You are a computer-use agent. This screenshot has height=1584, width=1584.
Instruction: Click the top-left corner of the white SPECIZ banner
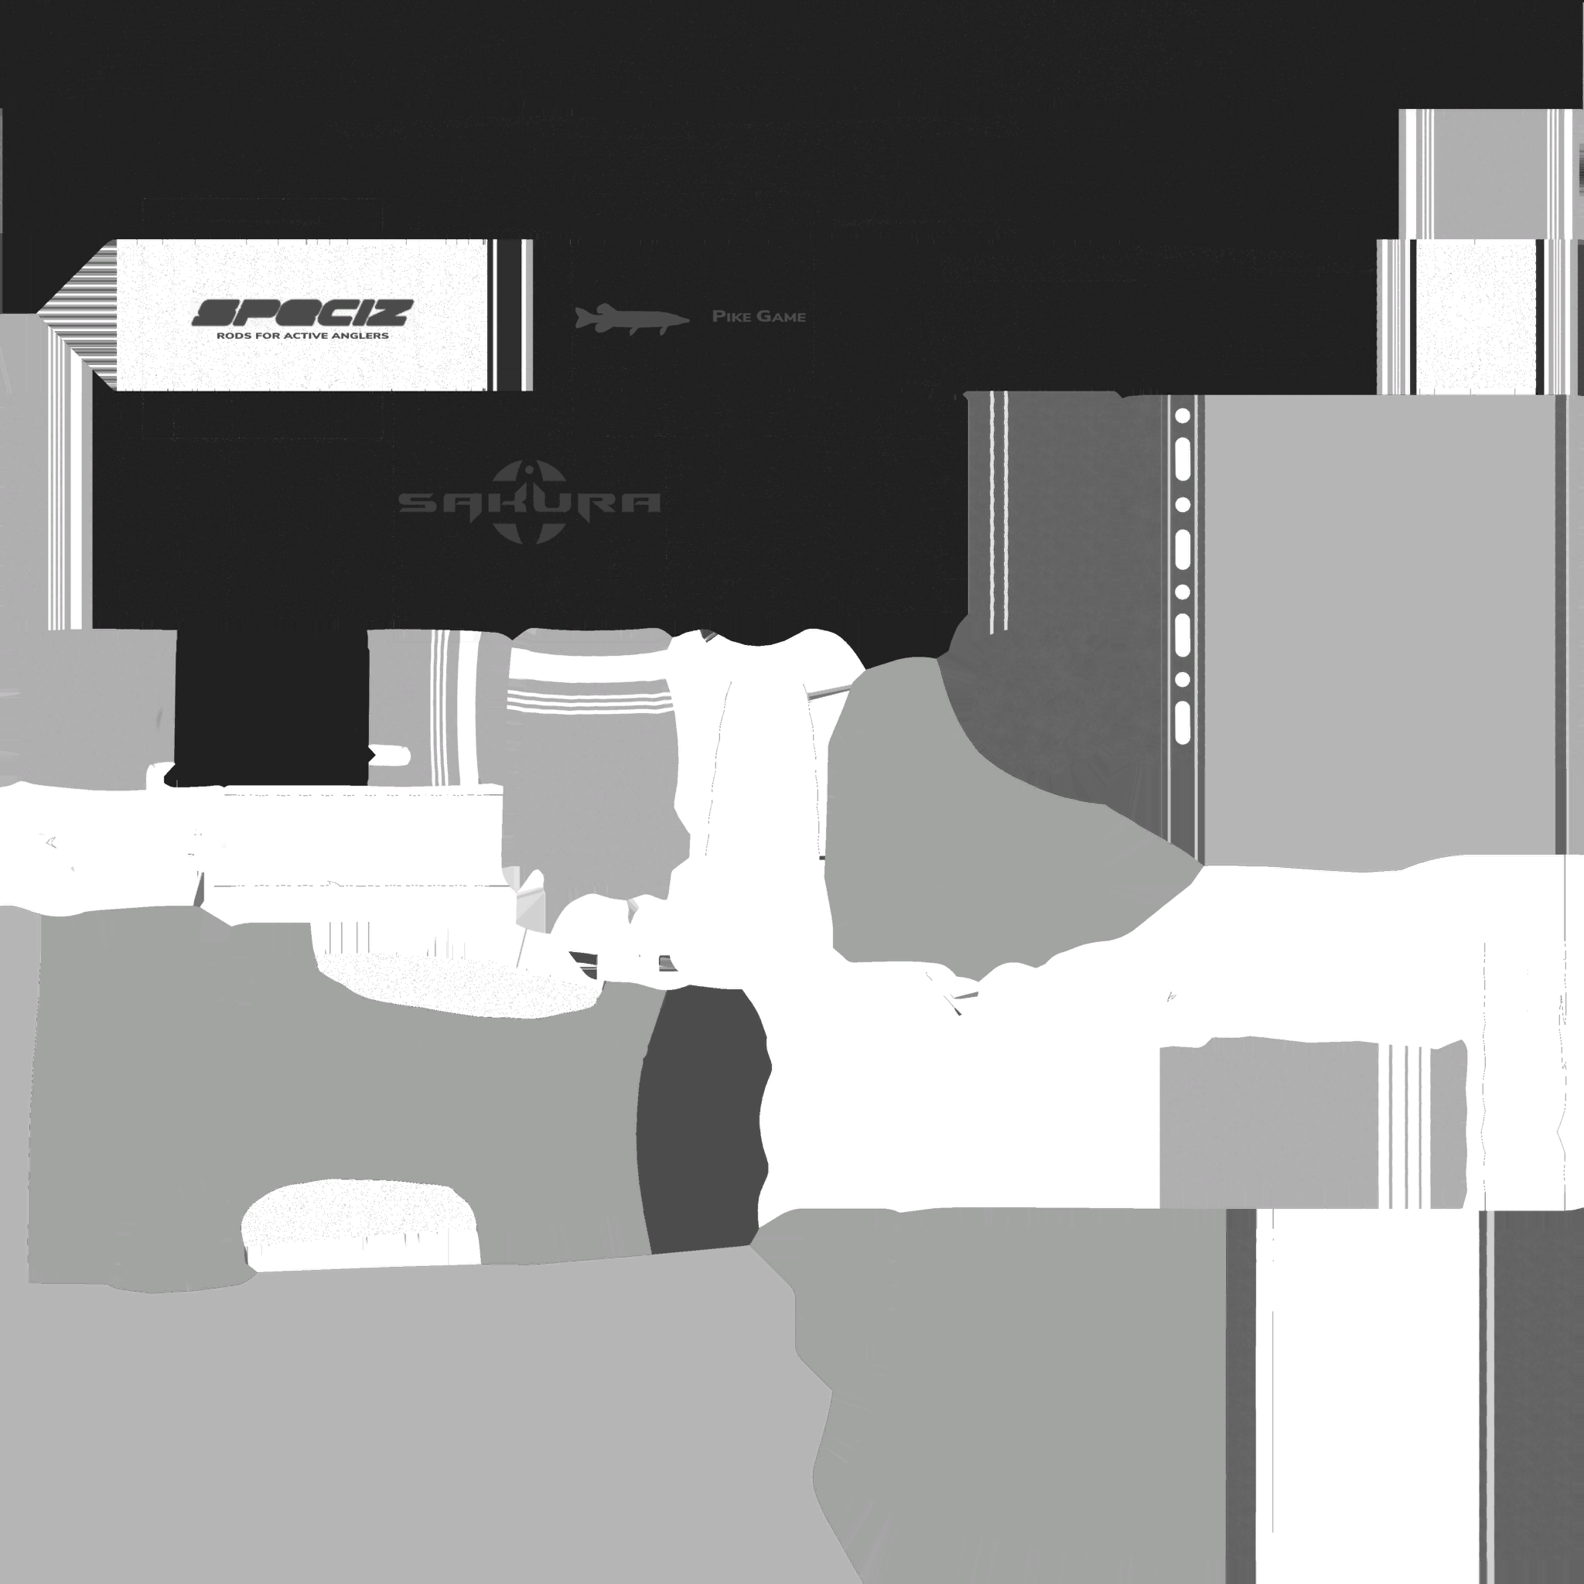pyautogui.click(x=117, y=241)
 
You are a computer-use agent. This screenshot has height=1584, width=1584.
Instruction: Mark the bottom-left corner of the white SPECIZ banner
pyautogui.click(x=117, y=391)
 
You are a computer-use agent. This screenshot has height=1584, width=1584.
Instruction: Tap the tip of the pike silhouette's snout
pyautogui.click(x=689, y=319)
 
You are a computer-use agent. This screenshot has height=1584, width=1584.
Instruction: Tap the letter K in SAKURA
pyautogui.click(x=528, y=503)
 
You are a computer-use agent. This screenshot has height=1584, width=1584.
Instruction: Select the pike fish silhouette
pyautogui.click(x=631, y=318)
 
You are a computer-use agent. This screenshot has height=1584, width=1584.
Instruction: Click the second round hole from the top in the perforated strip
pyautogui.click(x=1183, y=505)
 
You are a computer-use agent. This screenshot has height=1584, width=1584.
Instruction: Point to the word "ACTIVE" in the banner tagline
pyautogui.click(x=301, y=336)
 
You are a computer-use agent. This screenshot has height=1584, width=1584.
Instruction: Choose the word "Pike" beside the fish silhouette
pyautogui.click(x=727, y=316)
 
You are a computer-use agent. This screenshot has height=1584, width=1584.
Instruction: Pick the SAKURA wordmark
pyautogui.click(x=530, y=503)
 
